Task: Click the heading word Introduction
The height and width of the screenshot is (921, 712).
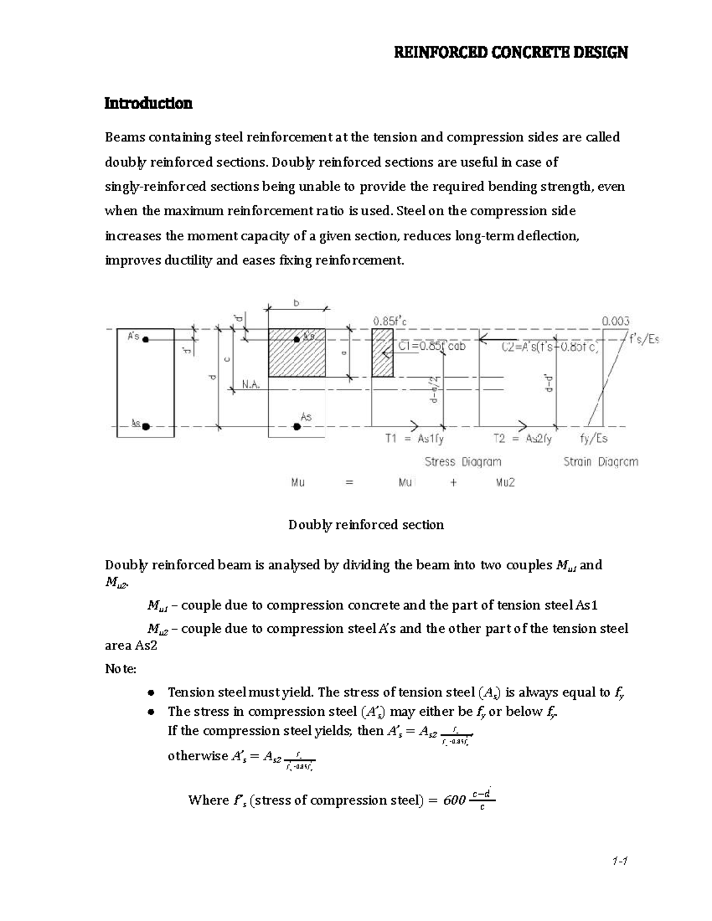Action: click(x=148, y=104)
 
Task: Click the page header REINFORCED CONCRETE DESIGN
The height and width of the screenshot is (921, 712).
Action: click(x=511, y=53)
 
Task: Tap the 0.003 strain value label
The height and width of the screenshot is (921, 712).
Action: click(x=615, y=321)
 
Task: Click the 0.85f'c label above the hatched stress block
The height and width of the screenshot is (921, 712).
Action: click(x=390, y=321)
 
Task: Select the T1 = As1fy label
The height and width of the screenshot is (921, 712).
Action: click(x=415, y=439)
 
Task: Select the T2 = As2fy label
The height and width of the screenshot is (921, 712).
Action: click(x=523, y=439)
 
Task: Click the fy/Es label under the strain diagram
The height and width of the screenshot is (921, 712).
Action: click(x=593, y=439)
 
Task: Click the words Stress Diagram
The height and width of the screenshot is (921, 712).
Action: click(x=463, y=461)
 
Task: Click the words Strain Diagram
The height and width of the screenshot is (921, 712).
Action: click(x=600, y=461)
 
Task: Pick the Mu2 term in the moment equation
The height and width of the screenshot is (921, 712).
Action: click(x=505, y=483)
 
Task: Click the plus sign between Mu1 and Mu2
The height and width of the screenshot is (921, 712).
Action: click(x=454, y=483)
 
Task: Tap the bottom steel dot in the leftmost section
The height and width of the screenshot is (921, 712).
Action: click(x=146, y=426)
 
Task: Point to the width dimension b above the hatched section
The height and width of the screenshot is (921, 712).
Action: click(x=297, y=303)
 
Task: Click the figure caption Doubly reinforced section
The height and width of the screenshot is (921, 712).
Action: click(x=366, y=525)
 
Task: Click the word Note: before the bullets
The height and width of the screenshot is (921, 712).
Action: click(x=120, y=669)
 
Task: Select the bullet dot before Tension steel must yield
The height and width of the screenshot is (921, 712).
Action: click(x=152, y=693)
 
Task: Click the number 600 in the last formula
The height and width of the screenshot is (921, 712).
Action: click(x=454, y=801)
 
